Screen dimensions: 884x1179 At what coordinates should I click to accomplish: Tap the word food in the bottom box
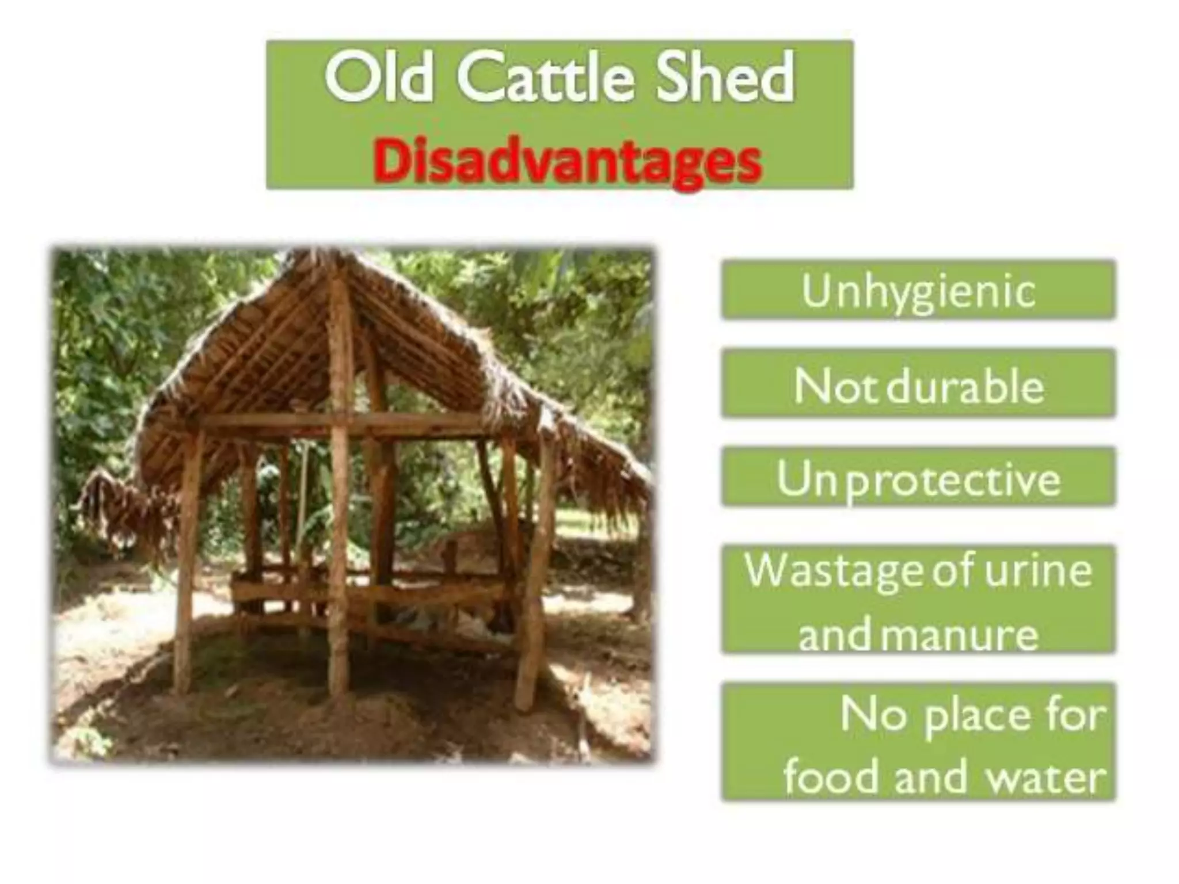pyautogui.click(x=832, y=777)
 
